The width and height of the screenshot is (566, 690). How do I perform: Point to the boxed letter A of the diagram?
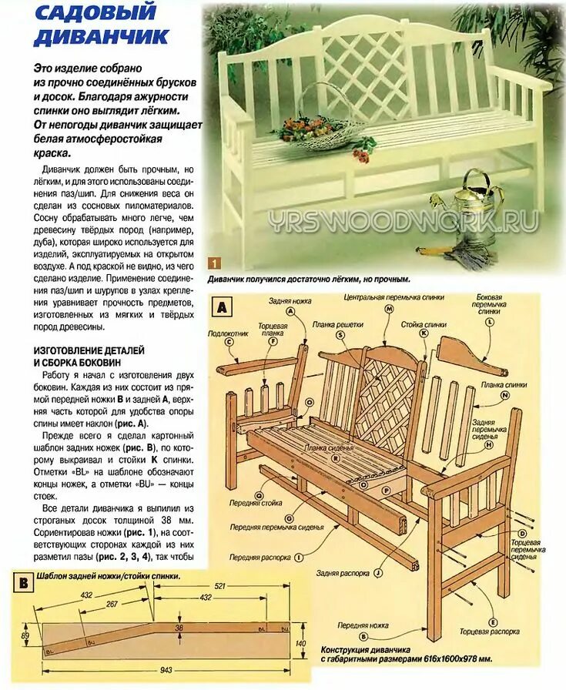pos(223,308)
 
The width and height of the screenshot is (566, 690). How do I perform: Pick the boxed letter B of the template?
pos(24,583)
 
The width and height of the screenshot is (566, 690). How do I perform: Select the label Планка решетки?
pos(338,325)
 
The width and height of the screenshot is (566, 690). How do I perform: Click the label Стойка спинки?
pos(424,324)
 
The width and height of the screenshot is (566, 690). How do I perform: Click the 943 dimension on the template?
pos(165,670)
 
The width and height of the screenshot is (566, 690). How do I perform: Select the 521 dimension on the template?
pos(219,586)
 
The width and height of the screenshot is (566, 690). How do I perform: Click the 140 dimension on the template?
pos(302,642)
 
